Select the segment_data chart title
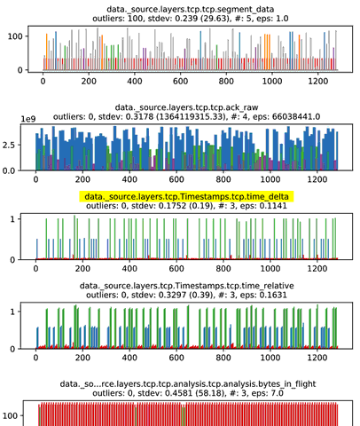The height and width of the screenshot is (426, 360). (191, 10)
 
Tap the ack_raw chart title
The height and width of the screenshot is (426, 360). (186, 107)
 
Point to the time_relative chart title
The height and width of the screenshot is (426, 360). (186, 286)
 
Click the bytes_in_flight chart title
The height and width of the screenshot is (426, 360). (188, 384)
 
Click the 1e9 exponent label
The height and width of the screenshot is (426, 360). (28, 119)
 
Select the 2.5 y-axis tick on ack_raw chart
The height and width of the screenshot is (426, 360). (8, 145)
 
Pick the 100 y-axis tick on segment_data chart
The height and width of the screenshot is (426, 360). (15, 36)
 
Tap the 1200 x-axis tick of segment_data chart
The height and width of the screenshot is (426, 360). (318, 81)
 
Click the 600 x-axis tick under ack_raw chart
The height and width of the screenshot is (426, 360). (176, 179)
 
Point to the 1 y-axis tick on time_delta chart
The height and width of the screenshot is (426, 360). (12, 219)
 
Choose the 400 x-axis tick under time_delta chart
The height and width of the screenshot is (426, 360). (129, 269)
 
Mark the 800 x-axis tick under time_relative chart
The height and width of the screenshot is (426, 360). (223, 358)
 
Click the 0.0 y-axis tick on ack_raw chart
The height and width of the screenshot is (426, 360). (8, 171)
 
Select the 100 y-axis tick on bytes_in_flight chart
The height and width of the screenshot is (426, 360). (10, 416)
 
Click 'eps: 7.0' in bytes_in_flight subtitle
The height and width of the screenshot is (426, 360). (269, 393)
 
